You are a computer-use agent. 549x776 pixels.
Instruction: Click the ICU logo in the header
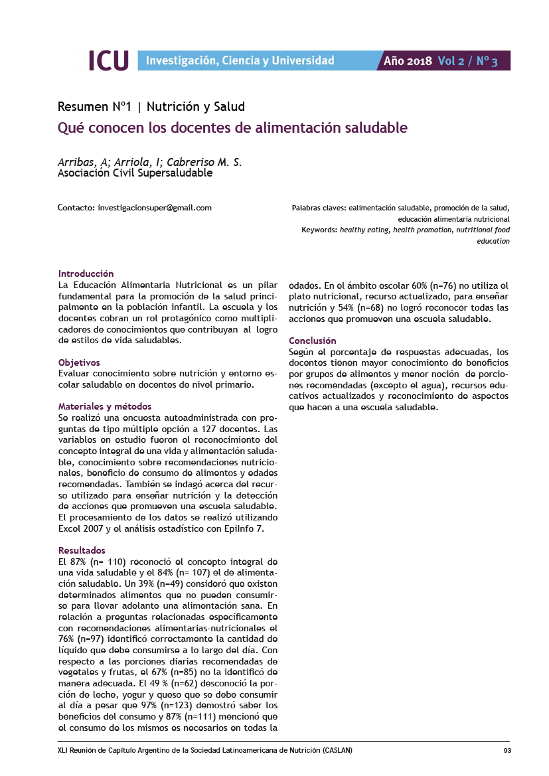pyautogui.click(x=108, y=61)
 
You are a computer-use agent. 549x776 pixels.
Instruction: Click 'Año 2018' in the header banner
pyautogui.click(x=408, y=61)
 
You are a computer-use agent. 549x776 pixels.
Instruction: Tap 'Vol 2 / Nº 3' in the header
pyautogui.click(x=467, y=61)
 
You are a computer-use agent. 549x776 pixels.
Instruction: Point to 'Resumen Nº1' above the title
pyautogui.click(x=95, y=106)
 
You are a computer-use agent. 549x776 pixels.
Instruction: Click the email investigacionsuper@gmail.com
pyautogui.click(x=155, y=208)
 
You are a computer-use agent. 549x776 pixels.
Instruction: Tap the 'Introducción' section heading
pyautogui.click(x=86, y=273)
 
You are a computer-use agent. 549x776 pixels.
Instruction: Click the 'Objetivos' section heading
pyautogui.click(x=79, y=362)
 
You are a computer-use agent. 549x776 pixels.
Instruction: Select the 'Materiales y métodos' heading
pyautogui.click(x=105, y=406)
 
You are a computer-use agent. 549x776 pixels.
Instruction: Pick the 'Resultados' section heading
pyautogui.click(x=82, y=550)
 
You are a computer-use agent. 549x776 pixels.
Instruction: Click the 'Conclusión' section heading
pyautogui.click(x=313, y=341)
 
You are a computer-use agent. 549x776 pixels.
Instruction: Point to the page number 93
pyautogui.click(x=507, y=751)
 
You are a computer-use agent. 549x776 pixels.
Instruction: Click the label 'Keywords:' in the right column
pyautogui.click(x=319, y=230)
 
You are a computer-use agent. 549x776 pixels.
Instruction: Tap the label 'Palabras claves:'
pyautogui.click(x=319, y=208)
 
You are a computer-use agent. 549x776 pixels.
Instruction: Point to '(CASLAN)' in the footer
pyautogui.click(x=337, y=751)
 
